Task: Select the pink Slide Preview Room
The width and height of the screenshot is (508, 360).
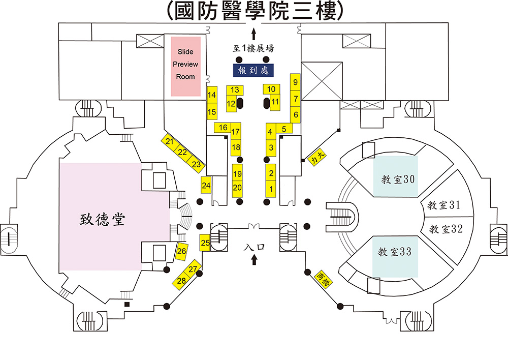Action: tap(185, 66)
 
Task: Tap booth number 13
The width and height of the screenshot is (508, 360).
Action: tap(235, 90)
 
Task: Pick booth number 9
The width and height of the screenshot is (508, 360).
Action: tap(296, 82)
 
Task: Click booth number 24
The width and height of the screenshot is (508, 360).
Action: tap(206, 186)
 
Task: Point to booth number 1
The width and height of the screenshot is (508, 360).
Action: tap(271, 189)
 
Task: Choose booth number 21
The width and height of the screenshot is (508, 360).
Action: tap(170, 142)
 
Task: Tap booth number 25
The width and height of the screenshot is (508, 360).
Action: tap(205, 243)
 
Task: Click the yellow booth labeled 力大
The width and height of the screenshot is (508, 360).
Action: tap(316, 159)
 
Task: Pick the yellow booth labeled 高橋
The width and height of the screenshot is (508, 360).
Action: tap(324, 279)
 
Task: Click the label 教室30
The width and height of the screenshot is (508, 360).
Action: tap(399, 179)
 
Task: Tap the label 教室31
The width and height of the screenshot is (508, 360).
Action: tap(443, 205)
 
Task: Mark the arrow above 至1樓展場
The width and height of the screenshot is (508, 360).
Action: tap(253, 35)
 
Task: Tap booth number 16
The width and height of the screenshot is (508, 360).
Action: tap(223, 127)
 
